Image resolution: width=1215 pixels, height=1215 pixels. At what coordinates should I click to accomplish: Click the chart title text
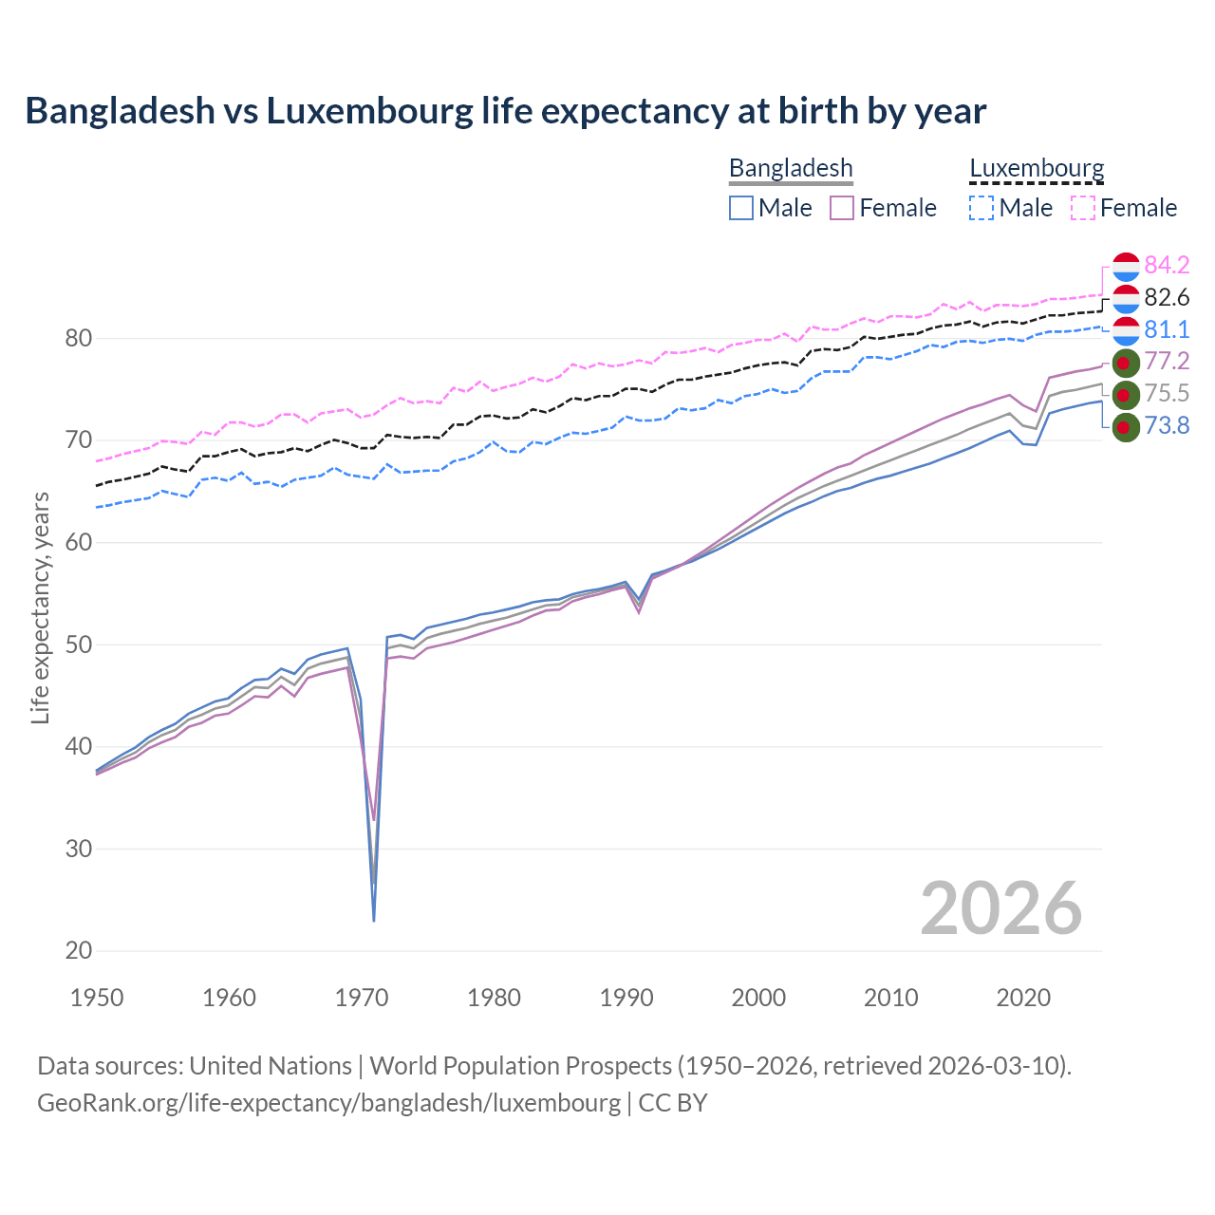[x=505, y=111]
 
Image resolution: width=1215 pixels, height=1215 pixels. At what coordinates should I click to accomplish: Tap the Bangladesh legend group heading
[x=791, y=168]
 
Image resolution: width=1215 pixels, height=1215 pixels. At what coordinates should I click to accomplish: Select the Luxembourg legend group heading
[x=1037, y=168]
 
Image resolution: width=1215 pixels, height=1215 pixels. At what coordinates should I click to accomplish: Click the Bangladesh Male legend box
[x=741, y=208]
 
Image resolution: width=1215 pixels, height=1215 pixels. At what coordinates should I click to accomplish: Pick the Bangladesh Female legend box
[x=843, y=208]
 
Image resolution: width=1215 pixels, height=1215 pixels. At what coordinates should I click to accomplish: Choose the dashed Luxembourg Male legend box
[x=981, y=208]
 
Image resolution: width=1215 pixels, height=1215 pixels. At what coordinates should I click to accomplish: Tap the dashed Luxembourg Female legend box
[x=1083, y=208]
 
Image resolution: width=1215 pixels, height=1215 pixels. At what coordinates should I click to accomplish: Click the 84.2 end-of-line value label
[x=1167, y=265]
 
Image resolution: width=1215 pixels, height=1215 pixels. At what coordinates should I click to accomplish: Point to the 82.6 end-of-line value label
[x=1167, y=298]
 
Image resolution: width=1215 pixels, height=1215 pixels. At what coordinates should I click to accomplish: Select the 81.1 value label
[x=1167, y=329]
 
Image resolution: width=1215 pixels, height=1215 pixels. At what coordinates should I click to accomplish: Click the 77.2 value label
[x=1167, y=362]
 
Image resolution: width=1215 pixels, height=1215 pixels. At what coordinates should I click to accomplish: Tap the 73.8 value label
[x=1167, y=426]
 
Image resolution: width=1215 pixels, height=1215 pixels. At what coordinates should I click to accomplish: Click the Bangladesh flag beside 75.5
[x=1125, y=394]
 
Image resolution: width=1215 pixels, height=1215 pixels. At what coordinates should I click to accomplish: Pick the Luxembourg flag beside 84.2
[x=1125, y=267]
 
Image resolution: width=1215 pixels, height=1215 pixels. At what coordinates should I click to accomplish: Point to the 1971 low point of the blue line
[x=374, y=920]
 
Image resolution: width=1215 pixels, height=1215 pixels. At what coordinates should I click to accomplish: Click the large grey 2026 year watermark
[x=1000, y=908]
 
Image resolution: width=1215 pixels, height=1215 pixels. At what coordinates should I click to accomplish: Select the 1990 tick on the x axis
[x=626, y=998]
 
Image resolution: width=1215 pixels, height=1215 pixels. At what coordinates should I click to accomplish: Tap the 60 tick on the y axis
[x=79, y=543]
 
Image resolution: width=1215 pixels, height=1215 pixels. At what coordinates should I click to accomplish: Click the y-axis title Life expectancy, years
[x=40, y=607]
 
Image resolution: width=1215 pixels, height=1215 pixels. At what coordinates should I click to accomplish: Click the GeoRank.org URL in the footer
[x=328, y=1103]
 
